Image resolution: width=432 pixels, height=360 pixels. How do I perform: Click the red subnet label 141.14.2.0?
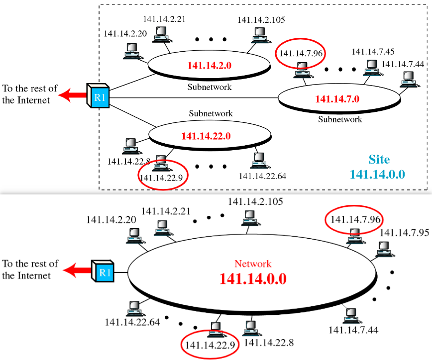pos(210,65)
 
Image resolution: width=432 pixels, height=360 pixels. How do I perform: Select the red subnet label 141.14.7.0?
pos(337,98)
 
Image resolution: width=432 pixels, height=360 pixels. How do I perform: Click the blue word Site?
pos(379,160)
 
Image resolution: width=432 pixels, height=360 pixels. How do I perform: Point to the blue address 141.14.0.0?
pos(377,174)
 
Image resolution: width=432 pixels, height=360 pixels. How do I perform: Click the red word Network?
pos(253,264)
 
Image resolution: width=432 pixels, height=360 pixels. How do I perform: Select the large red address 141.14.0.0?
pos(253,278)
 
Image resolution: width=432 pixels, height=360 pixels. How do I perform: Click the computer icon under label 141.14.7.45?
pos(370,67)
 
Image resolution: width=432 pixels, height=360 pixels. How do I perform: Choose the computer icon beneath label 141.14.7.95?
pos(383,248)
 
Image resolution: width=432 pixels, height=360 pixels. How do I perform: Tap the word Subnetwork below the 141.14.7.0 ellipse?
pos(340,119)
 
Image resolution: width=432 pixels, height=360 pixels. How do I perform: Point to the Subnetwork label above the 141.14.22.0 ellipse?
pos(211,113)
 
